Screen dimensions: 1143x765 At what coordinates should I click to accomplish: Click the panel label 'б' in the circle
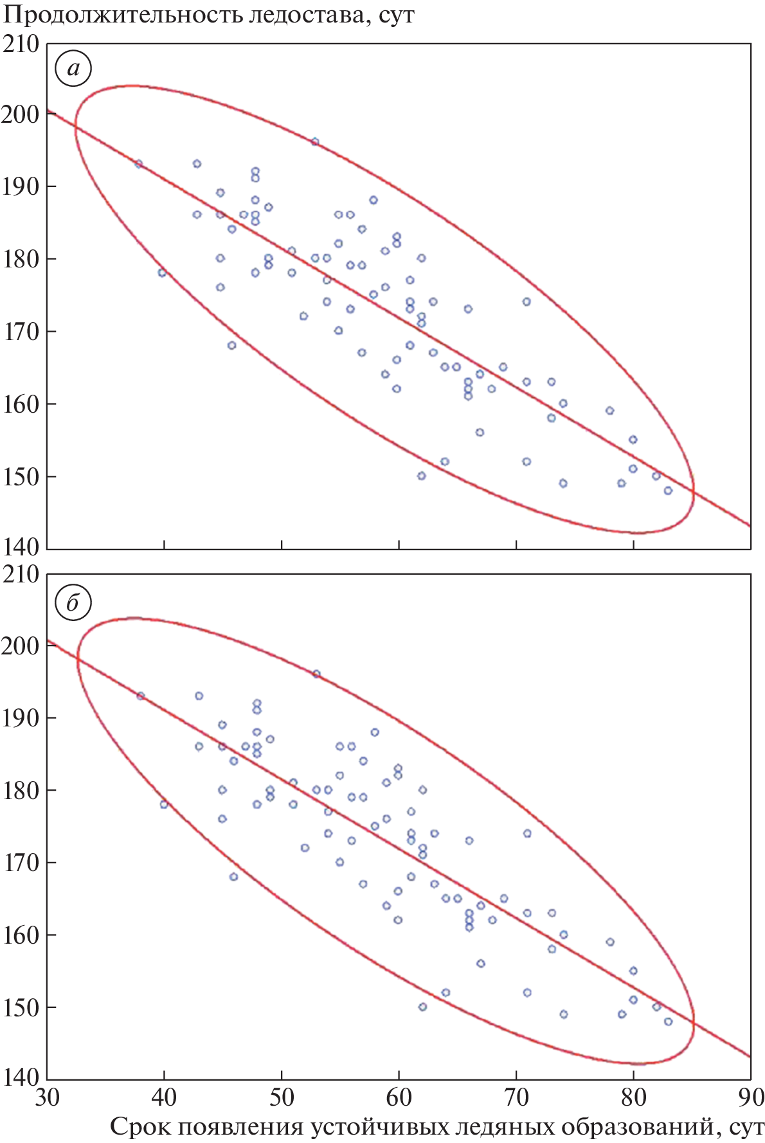click(73, 602)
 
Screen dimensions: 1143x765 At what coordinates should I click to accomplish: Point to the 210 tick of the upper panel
click(21, 44)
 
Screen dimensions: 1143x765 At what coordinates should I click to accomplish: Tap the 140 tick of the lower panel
click(21, 1077)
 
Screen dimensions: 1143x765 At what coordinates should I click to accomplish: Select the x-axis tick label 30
click(48, 1097)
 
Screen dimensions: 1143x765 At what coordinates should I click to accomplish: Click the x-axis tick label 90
click(750, 1097)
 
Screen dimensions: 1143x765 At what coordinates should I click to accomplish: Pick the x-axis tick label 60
click(399, 1097)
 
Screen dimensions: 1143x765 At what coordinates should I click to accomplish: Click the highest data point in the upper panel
click(314, 142)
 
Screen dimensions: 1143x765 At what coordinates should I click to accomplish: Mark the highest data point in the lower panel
click(316, 674)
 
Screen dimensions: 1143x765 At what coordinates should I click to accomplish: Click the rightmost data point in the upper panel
click(668, 491)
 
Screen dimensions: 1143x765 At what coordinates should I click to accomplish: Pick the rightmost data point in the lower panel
click(668, 1022)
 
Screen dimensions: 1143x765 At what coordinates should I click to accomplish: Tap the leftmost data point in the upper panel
click(138, 164)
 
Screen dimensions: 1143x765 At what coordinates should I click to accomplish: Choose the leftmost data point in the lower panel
click(141, 696)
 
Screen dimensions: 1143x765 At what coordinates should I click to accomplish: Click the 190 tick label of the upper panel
click(21, 186)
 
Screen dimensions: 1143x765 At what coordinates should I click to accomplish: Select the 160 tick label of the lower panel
click(21, 935)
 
